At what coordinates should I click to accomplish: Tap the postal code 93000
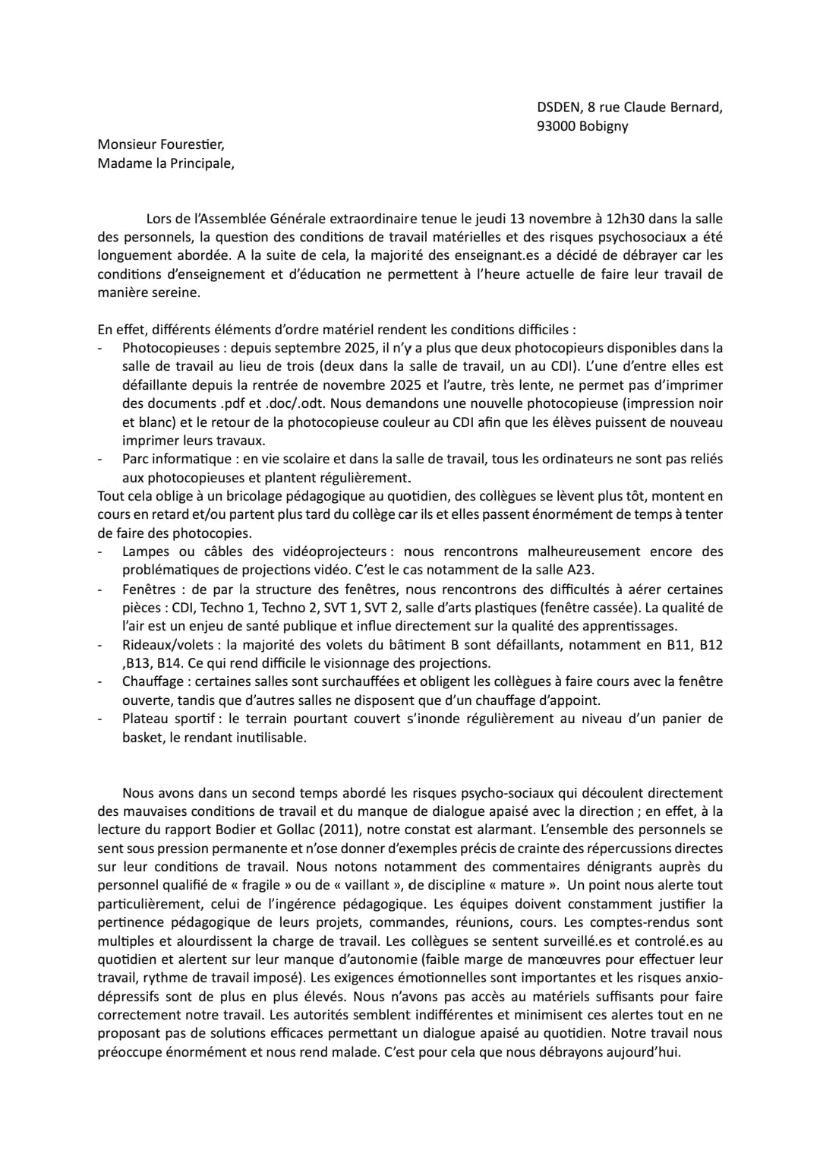click(556, 126)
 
